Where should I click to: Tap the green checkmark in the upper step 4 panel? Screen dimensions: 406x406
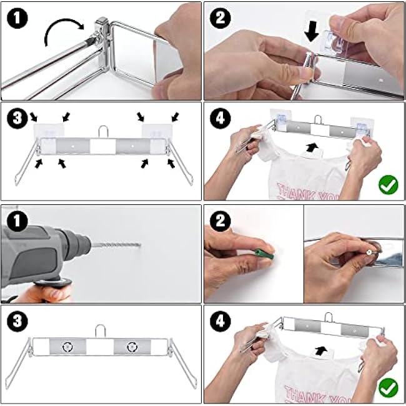[388, 184]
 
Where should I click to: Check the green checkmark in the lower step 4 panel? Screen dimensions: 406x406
[388, 387]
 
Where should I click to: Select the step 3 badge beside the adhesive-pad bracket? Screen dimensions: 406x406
[17, 118]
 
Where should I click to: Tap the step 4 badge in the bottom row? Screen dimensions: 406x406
[220, 321]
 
